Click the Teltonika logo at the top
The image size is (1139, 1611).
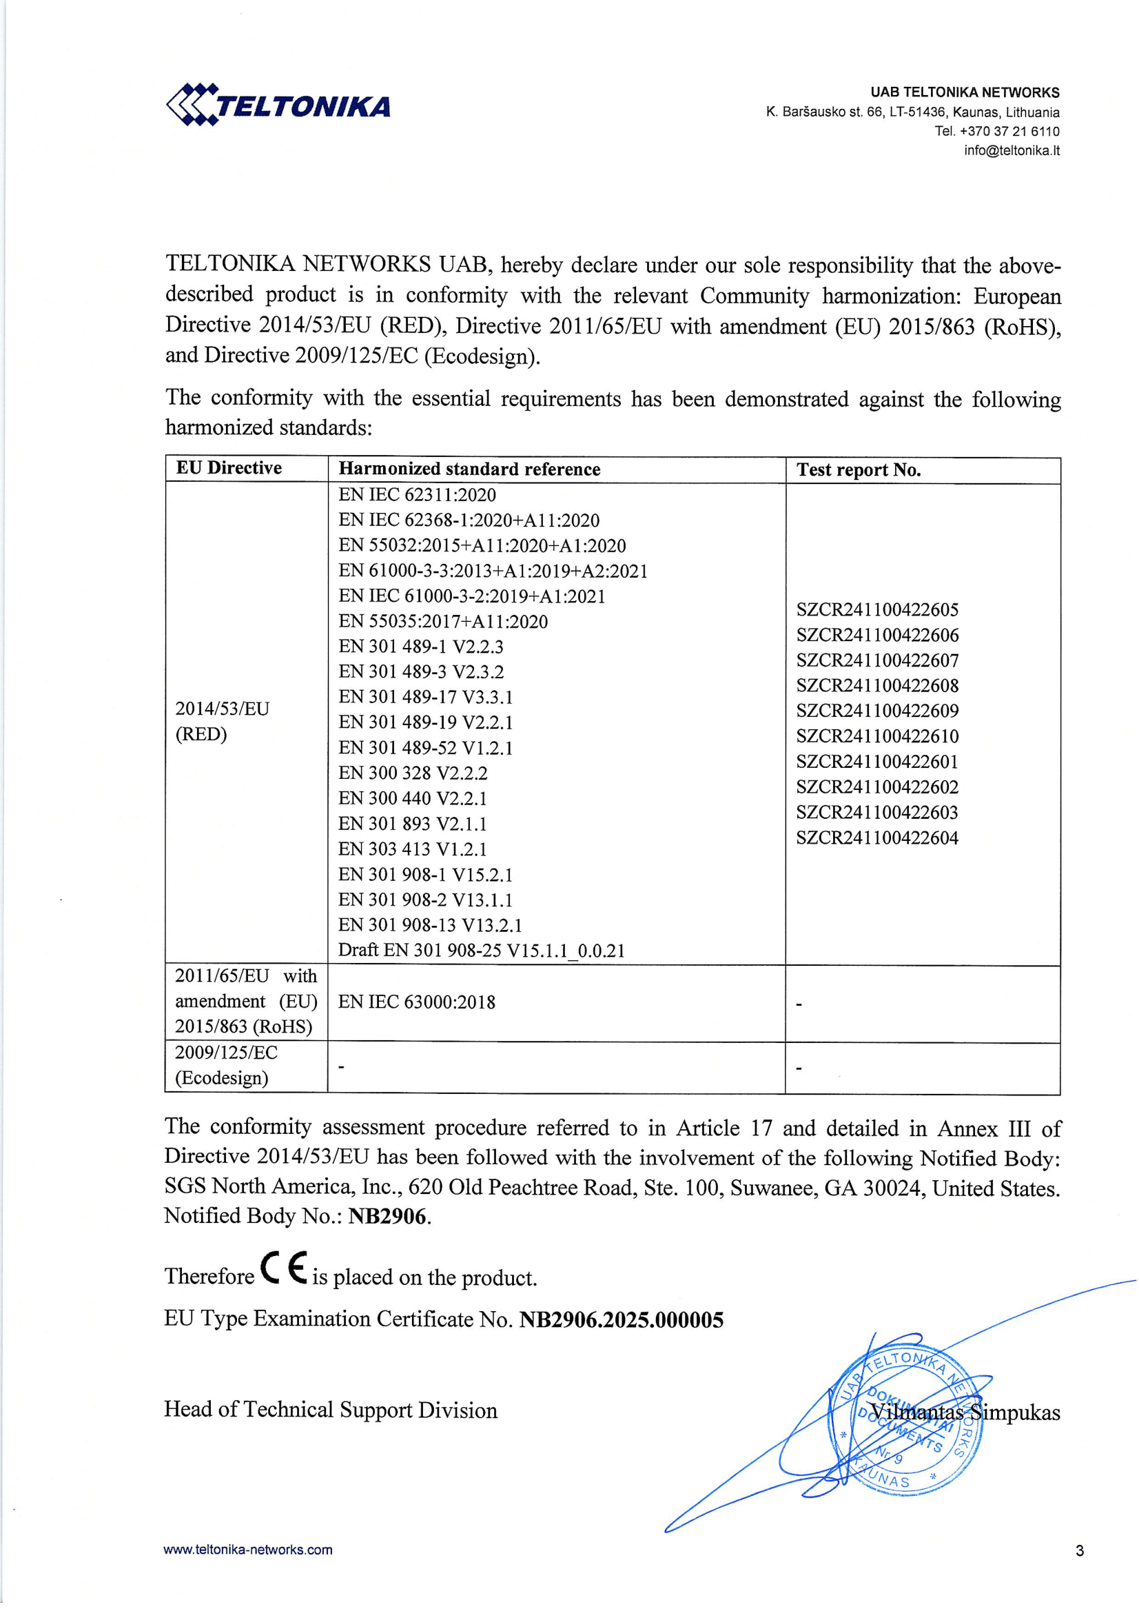(x=278, y=105)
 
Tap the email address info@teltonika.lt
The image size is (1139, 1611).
(x=1012, y=150)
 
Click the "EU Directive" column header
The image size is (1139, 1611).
(x=229, y=468)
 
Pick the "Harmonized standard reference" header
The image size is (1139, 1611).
(x=469, y=469)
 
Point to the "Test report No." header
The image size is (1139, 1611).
(x=858, y=469)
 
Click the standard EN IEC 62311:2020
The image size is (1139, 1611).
(x=417, y=495)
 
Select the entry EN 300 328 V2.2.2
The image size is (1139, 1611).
(x=412, y=773)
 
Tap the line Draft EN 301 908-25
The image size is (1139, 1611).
(x=481, y=950)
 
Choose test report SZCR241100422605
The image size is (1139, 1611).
(x=876, y=609)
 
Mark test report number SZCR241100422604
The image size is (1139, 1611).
(x=876, y=837)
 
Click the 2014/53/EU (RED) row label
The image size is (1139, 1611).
(x=222, y=720)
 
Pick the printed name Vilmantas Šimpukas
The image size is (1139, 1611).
(x=965, y=1412)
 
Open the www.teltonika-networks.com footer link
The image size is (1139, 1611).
(x=248, y=1549)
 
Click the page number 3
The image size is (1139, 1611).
(x=1079, y=1550)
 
